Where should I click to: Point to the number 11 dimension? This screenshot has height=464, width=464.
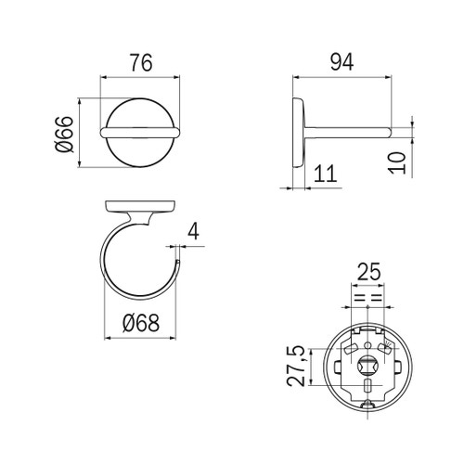(324, 173)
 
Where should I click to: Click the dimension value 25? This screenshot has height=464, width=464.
(369, 272)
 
